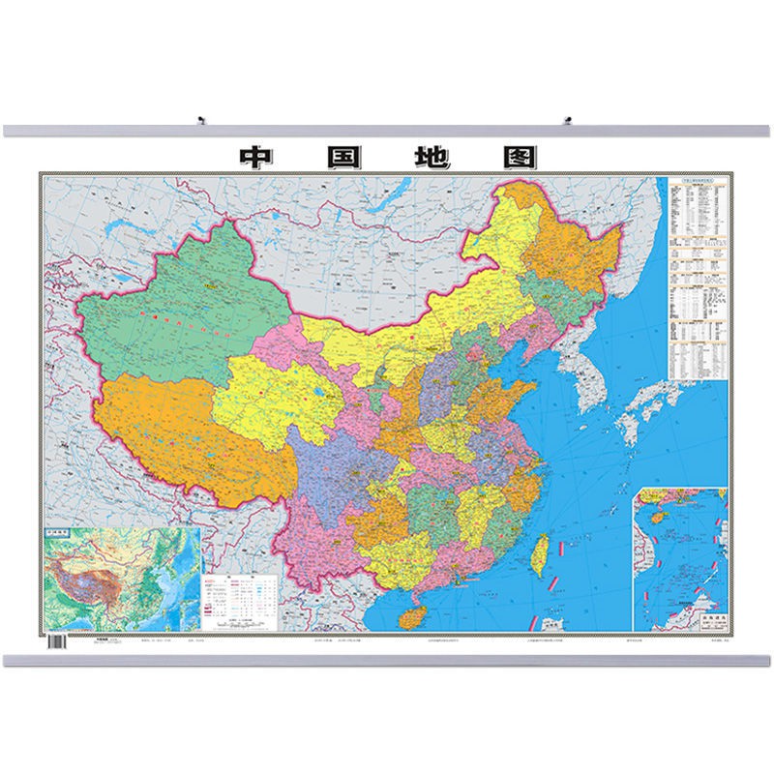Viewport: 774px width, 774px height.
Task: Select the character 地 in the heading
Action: tap(432, 157)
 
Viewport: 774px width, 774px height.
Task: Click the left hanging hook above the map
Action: tap(201, 121)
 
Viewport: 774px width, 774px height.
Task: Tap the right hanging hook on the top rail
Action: tap(569, 121)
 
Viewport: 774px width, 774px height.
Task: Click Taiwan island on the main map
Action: tap(543, 555)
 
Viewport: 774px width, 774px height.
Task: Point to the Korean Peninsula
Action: tap(580, 372)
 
